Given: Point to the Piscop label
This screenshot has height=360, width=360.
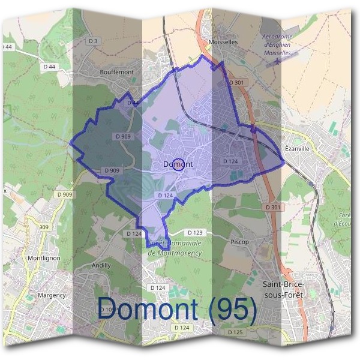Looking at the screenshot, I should (x=239, y=242).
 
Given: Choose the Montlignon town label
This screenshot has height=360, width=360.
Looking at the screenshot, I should (x=42, y=258).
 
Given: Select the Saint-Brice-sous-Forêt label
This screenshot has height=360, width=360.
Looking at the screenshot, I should (x=284, y=289).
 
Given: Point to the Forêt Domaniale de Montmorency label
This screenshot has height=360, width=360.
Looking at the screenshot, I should (x=175, y=248).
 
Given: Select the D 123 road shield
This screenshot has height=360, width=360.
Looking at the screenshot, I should (x=194, y=232).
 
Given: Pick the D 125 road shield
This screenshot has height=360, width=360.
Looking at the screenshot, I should (x=236, y=332).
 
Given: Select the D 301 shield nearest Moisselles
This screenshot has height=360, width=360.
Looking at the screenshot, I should (x=236, y=82).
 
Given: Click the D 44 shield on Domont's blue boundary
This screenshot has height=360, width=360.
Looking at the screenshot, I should (x=133, y=103).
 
